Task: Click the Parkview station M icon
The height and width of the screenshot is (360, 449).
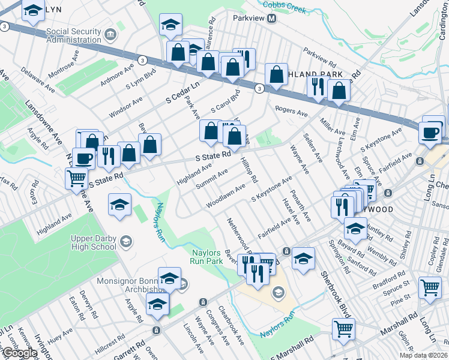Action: (271, 18)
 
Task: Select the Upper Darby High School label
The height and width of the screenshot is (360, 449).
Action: (88, 242)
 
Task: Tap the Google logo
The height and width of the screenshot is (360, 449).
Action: (19, 353)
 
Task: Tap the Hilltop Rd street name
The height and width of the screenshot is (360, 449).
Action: (249, 171)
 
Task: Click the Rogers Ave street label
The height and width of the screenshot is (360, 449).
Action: (291, 110)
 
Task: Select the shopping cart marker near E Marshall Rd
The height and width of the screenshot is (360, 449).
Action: (343, 328)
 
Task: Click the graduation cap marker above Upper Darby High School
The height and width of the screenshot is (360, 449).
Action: (119, 205)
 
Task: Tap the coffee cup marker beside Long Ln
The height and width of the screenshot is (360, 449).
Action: (430, 131)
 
